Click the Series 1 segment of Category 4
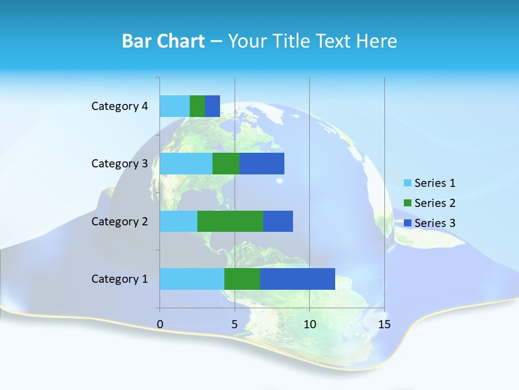[175, 106]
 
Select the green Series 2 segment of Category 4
[197, 106]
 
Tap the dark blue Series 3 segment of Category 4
[212, 106]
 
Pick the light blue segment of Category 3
[186, 164]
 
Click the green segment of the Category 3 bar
[226, 164]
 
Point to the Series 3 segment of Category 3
[262, 164]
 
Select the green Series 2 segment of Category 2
[230, 221]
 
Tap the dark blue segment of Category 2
[278, 221]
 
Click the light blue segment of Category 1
[192, 279]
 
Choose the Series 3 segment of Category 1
[297, 279]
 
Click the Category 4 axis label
[119, 106]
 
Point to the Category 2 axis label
[119, 222]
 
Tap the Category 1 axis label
[119, 279]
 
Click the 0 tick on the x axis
[160, 325]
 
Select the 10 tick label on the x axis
[309, 325]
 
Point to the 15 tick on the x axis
[384, 325]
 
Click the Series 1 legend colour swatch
[408, 183]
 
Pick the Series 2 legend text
[435, 203]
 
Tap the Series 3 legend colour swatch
[408, 223]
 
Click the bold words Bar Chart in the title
[163, 41]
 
